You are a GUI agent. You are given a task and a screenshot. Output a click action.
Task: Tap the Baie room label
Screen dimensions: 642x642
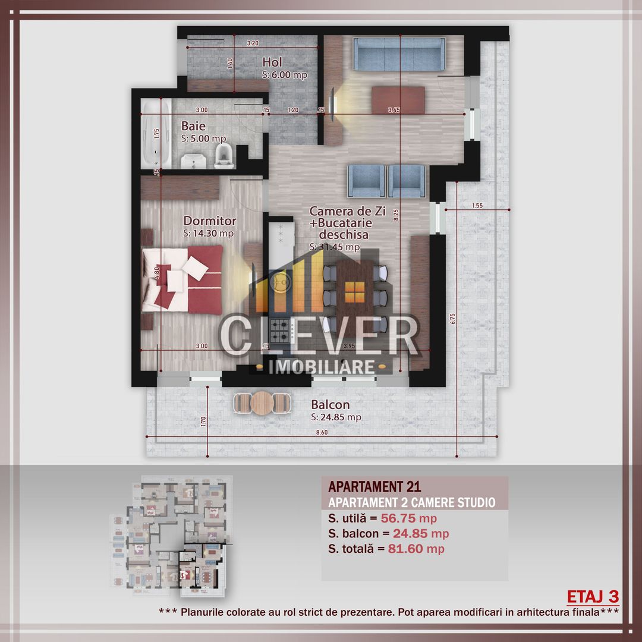[x=194, y=126]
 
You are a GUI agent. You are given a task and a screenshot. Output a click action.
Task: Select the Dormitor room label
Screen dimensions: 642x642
[x=209, y=221]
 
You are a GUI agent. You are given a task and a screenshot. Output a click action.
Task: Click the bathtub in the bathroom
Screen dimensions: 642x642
[x=156, y=136]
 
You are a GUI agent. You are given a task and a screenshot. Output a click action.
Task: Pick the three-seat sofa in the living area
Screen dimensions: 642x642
[x=399, y=53]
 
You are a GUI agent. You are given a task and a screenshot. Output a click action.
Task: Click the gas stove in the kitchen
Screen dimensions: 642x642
[x=279, y=327]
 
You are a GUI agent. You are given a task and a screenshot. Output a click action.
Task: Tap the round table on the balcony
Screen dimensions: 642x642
[x=262, y=404]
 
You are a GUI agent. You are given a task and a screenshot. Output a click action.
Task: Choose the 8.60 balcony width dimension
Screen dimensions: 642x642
[x=322, y=433]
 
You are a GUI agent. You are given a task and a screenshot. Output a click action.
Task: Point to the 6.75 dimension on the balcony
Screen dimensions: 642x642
[x=453, y=319]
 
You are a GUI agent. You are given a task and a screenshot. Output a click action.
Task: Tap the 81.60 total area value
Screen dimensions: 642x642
[x=406, y=549]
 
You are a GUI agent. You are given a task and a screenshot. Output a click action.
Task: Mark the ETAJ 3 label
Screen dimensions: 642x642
[x=593, y=596]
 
